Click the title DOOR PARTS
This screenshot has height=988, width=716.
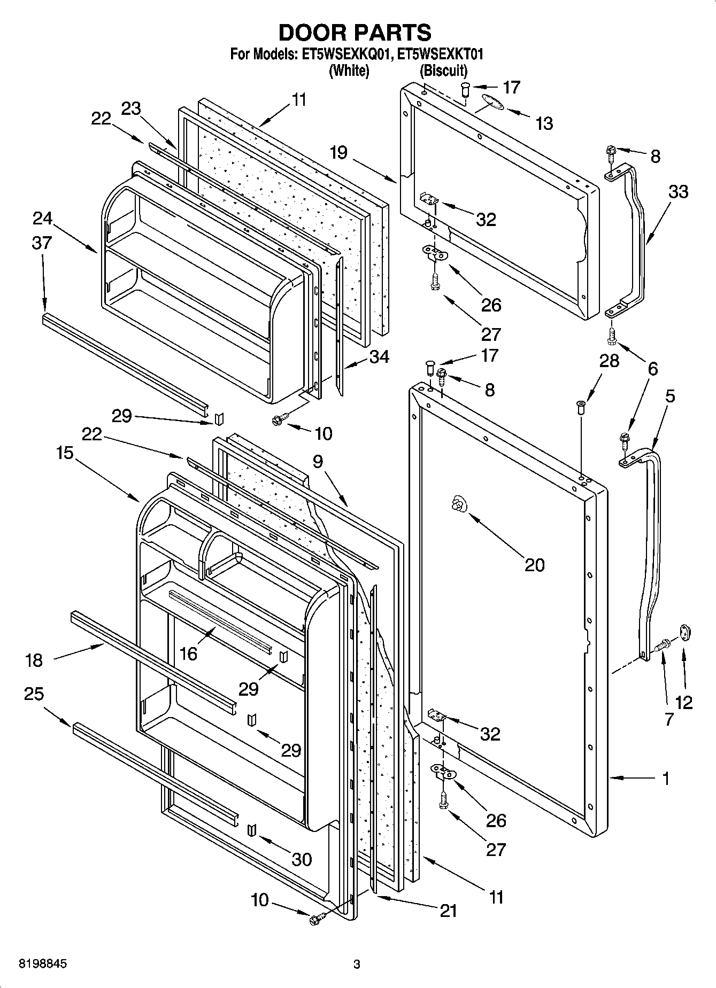pos(355,33)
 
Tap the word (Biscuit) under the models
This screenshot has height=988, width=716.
pos(443,70)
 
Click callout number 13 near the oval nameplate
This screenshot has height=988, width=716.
pos(544,123)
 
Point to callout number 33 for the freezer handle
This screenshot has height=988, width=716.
pos(678,191)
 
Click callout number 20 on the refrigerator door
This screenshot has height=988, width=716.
pos(534,565)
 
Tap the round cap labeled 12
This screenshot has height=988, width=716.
pos(685,633)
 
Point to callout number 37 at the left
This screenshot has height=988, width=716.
pos(41,243)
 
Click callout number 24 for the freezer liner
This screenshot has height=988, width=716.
pos(42,218)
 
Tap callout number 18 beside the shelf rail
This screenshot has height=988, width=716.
pos(34,660)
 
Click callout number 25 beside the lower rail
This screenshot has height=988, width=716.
pos(34,694)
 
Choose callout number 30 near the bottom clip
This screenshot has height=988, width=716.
pos(302,859)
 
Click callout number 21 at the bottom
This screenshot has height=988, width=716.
pos(448,911)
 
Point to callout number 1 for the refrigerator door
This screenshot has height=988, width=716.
pos(666,779)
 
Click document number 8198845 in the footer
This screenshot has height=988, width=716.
pos(36,964)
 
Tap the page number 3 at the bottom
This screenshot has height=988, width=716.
pos(357,964)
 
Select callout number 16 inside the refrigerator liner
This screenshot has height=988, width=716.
pos(189,653)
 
